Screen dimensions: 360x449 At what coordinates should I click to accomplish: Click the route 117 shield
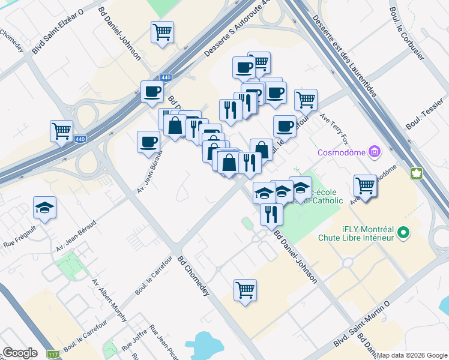53,355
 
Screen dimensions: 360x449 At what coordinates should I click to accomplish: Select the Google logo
20,353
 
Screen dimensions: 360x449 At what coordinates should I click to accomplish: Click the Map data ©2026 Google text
411,355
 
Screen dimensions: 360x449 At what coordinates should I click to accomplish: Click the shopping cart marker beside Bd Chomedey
246,290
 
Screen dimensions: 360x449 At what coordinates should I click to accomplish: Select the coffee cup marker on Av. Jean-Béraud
148,142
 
